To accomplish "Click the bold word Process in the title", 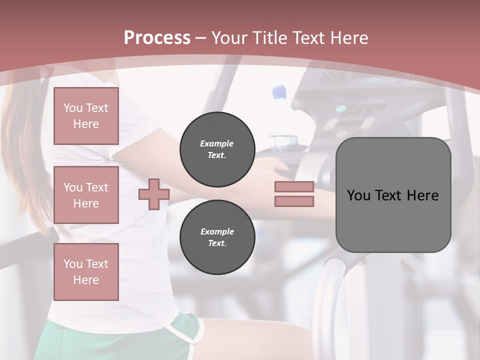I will coord(157,38).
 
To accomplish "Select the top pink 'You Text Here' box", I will coord(86,116).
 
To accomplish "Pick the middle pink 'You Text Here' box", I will coord(86,195).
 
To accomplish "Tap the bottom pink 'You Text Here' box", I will coord(86,271).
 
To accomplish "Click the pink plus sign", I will coord(153,194).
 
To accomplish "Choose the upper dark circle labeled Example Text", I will coord(217,149).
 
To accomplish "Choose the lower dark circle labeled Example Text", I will coord(217,237).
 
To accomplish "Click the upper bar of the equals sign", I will coord(294,187).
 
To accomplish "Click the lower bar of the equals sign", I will coord(294,201).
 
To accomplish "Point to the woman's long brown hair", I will coord(25,150).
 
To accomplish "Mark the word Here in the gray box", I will coord(422,195).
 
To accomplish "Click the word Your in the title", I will coord(231,38).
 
